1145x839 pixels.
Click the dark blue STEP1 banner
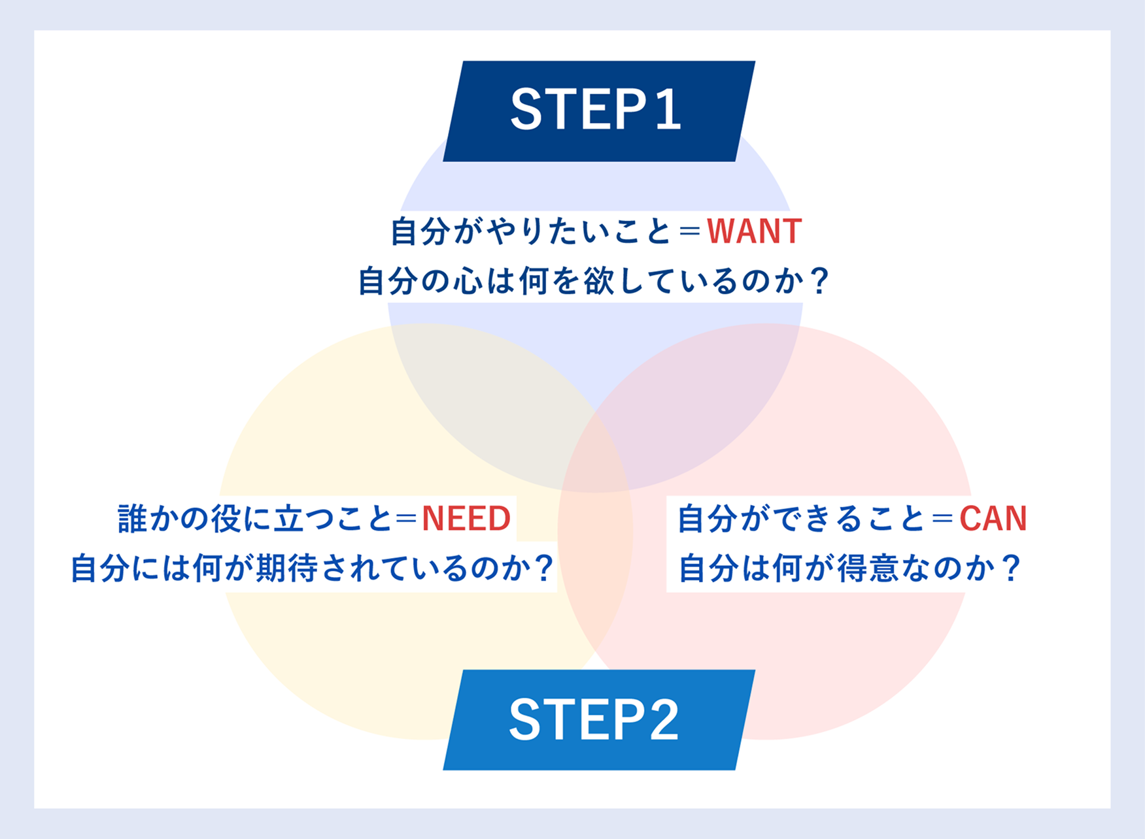click(x=599, y=111)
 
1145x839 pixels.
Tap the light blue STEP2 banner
click(x=599, y=720)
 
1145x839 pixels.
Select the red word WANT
click(x=755, y=231)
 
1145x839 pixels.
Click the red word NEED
click(x=466, y=519)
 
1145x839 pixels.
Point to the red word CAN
click(x=993, y=519)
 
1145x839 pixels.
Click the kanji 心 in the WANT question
click(x=468, y=282)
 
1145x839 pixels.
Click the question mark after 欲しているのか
click(x=818, y=282)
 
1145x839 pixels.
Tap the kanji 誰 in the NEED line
click(x=133, y=519)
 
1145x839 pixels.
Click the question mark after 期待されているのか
click(x=543, y=568)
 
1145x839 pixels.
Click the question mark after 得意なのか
click(x=1010, y=568)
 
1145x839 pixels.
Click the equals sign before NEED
click(x=406, y=519)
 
